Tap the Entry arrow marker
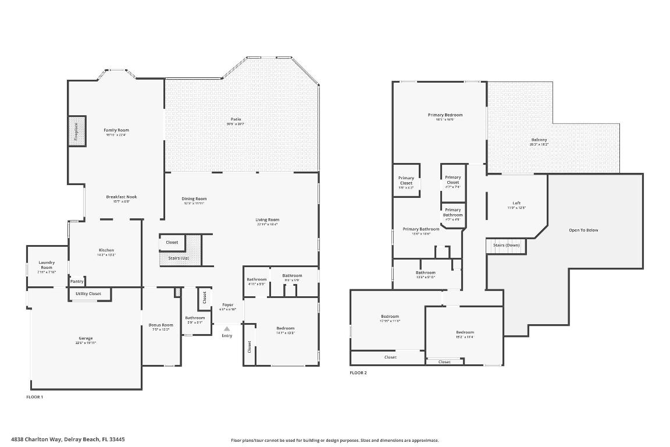(227, 329)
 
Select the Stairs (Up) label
(178, 258)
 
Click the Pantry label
(77, 281)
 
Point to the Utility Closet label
(88, 294)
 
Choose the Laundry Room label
(47, 265)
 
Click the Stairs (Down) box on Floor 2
(506, 246)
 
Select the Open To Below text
(583, 230)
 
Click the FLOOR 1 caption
(35, 397)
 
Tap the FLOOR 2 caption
(358, 372)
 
